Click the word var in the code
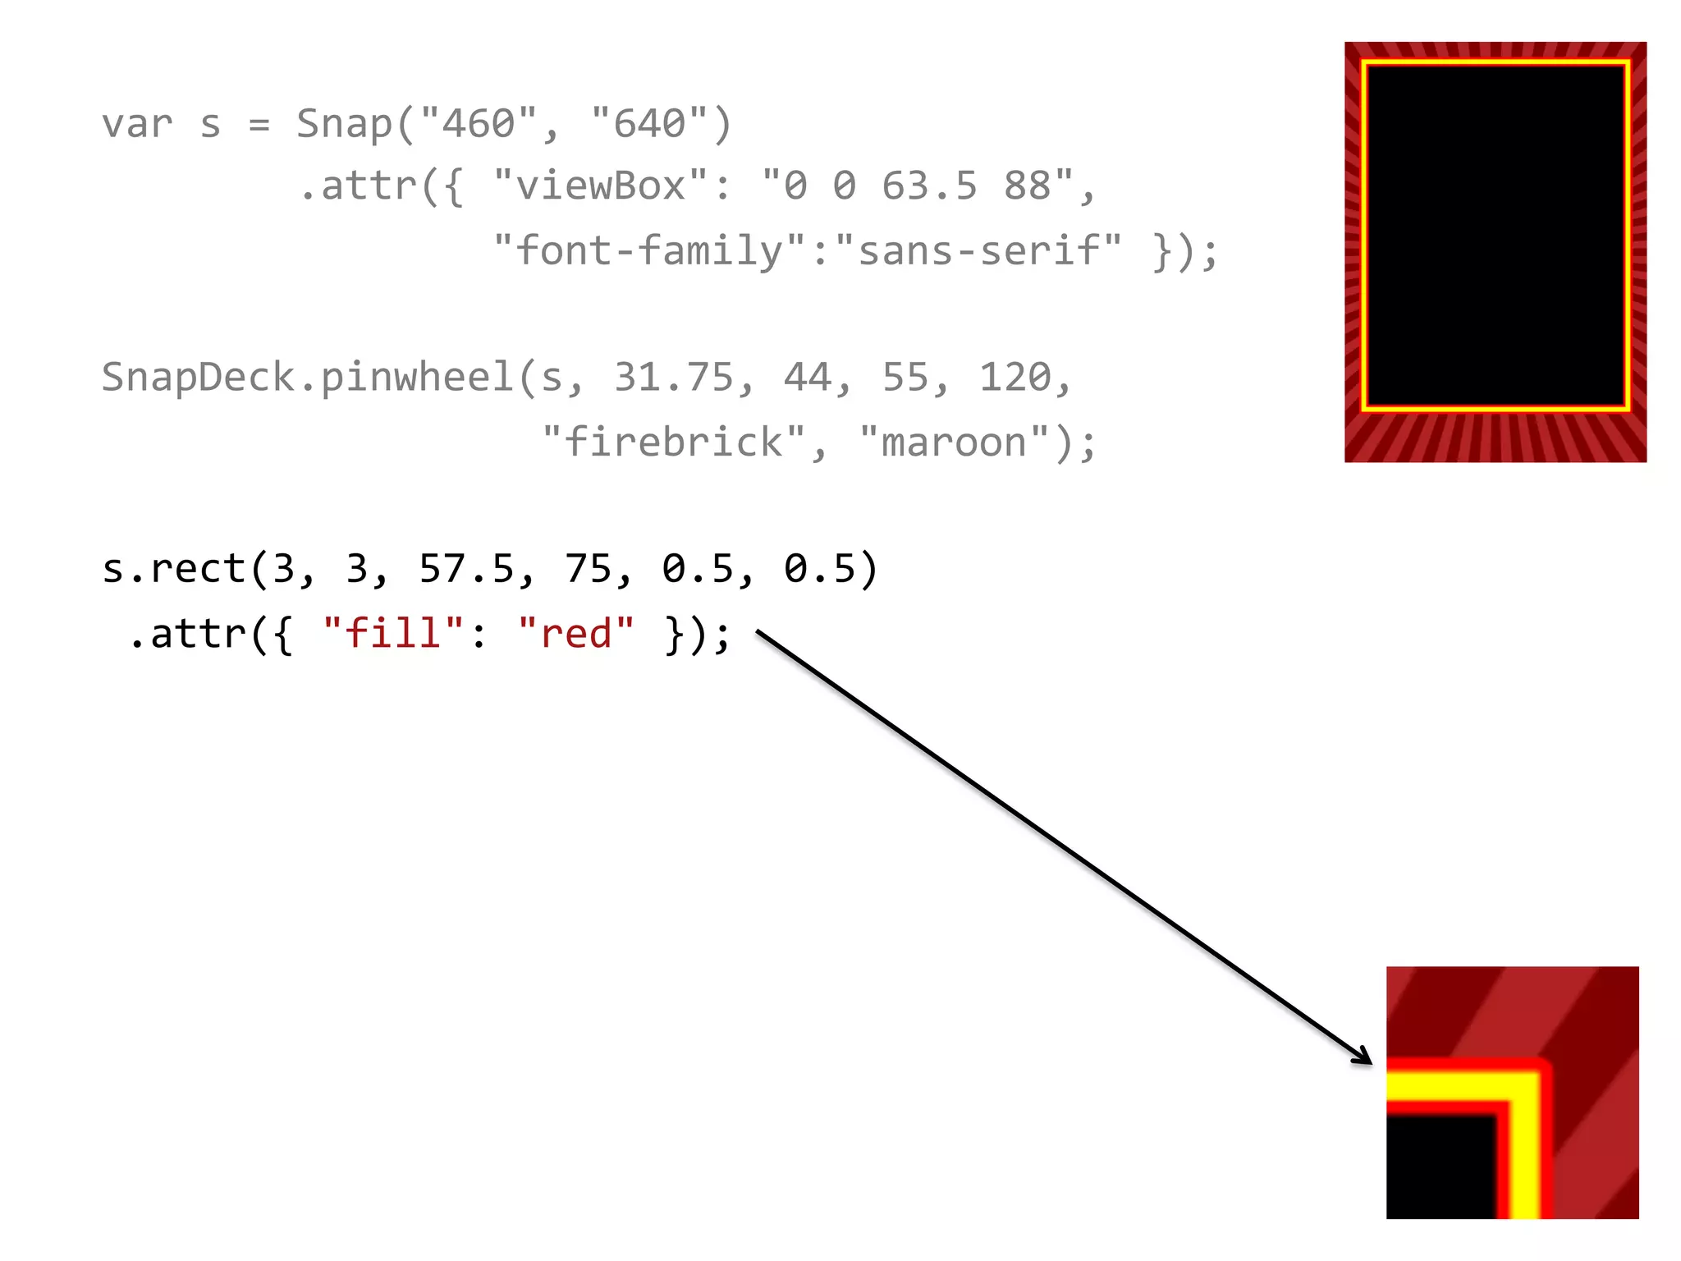pyautogui.click(x=137, y=125)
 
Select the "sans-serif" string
pyautogui.click(x=978, y=250)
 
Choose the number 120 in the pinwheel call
pyautogui.click(x=1015, y=378)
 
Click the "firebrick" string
pyautogui.click(x=674, y=443)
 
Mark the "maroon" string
pyautogui.click(x=954, y=443)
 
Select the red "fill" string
pyautogui.click(x=394, y=635)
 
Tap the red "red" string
pyautogui.click(x=576, y=635)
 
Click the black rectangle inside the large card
pyautogui.click(x=1495, y=235)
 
